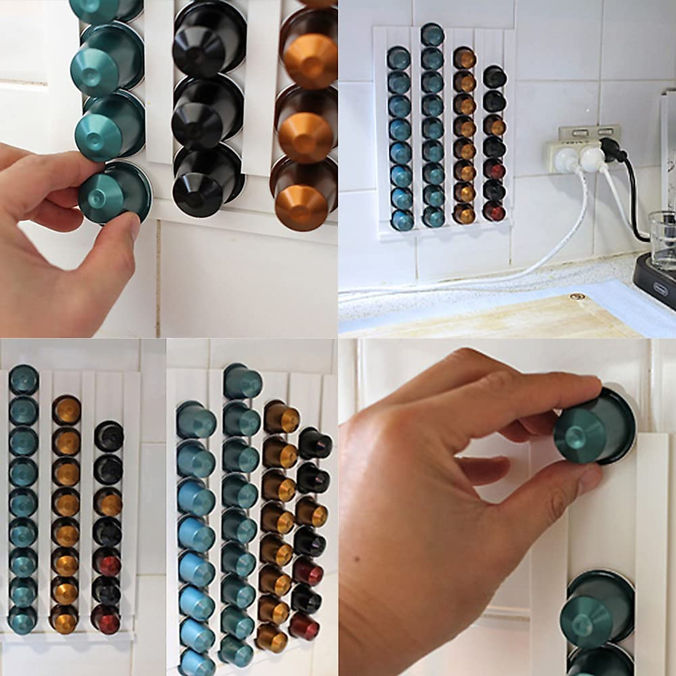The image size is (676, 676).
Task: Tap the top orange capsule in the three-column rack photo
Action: pyautogui.click(x=66, y=408)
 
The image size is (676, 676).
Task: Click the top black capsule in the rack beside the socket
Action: pyautogui.click(x=494, y=77)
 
